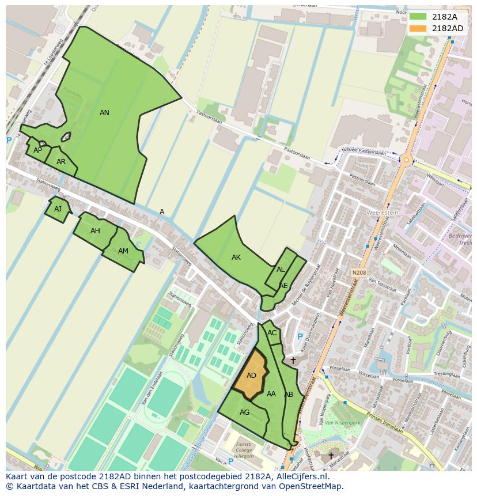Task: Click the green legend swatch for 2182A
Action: [x=418, y=17]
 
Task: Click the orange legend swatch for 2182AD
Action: [x=418, y=28]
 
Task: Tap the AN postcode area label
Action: [x=104, y=113]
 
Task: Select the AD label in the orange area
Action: [x=251, y=376]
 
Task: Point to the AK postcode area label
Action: [x=236, y=258]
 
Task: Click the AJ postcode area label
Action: [x=58, y=209]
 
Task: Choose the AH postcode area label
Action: [x=95, y=231]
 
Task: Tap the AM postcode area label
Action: [x=123, y=251]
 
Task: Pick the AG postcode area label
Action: [x=245, y=412]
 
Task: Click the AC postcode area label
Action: [x=272, y=334]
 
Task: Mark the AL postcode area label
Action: [x=281, y=270]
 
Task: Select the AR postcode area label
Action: [x=61, y=162]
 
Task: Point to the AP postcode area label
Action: [x=37, y=150]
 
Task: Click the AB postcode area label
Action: [x=289, y=395]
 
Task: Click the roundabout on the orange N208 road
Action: [x=406, y=160]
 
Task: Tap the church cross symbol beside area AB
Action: [x=293, y=361]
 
